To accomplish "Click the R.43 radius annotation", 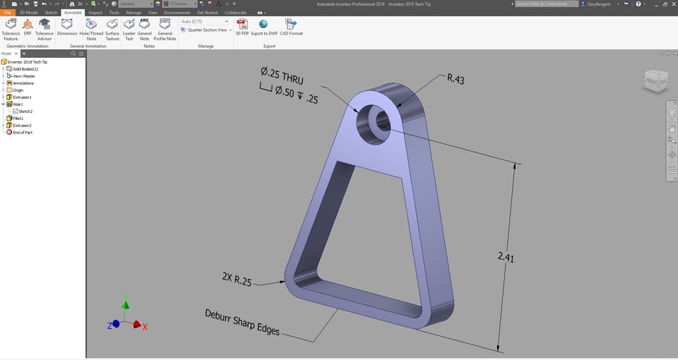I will coord(455,78).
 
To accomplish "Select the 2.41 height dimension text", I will coord(506,258).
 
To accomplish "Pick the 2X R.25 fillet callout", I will coord(234,280).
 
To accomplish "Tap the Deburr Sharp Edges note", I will coord(242,322).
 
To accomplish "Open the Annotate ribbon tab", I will coord(73,13).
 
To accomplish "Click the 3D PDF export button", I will coord(242,28).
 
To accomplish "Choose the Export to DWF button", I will coord(263,28).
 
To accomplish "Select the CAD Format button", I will coord(291,28).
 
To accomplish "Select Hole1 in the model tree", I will coord(18,104).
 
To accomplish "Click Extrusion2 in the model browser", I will coord(22,126).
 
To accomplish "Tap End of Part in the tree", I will coord(23,133).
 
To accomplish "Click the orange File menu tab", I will coord(8,13).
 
